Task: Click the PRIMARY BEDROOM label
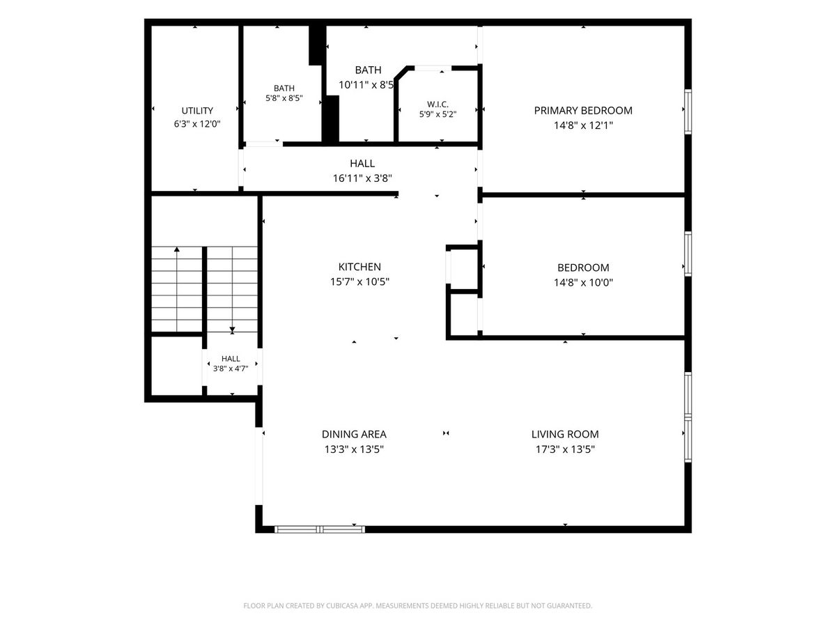coord(582,110)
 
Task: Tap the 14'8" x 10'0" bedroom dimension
coord(583,282)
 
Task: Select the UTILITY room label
coord(197,111)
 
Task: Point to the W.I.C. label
coord(438,104)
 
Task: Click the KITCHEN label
coord(359,267)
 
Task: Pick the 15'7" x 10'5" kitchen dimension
coord(359,281)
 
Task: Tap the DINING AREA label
coord(354,434)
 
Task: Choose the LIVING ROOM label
coord(565,434)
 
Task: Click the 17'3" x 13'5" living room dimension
coord(565,449)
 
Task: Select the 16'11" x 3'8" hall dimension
coord(362,178)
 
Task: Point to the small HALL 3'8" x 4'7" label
coord(231,364)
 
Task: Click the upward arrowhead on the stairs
coord(177,249)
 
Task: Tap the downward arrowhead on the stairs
coord(232,330)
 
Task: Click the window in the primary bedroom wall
coord(688,111)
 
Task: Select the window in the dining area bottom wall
coord(320,529)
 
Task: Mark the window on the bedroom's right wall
coord(688,254)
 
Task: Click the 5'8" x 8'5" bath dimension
coord(284,98)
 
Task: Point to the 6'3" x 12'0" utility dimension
coord(197,124)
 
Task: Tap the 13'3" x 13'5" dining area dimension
coord(354,449)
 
